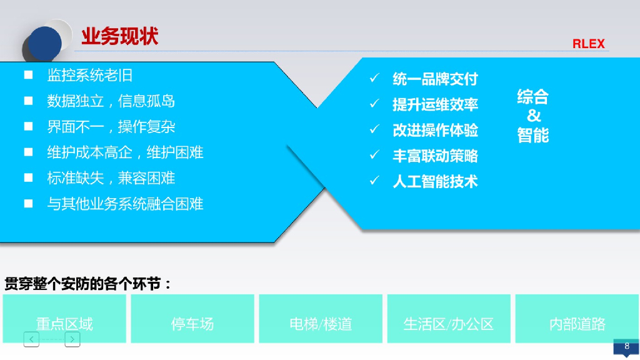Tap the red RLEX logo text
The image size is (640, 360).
[x=588, y=44]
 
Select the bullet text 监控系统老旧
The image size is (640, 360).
[x=90, y=76]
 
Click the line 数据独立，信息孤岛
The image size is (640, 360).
[x=111, y=101]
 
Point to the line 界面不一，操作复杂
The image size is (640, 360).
[x=111, y=127]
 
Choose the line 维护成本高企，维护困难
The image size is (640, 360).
[x=125, y=152]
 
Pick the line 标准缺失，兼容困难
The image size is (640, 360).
[x=111, y=178]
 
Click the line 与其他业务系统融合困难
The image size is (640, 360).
[x=125, y=204]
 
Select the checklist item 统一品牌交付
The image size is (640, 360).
[x=435, y=79]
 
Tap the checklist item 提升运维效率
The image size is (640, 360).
[x=435, y=104]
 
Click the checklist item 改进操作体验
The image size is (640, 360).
[x=435, y=130]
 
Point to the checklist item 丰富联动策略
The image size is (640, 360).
[x=435, y=156]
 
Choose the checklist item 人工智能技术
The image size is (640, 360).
[x=435, y=181]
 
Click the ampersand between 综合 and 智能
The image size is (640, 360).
[x=533, y=116]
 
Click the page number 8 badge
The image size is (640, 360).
[x=626, y=346]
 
